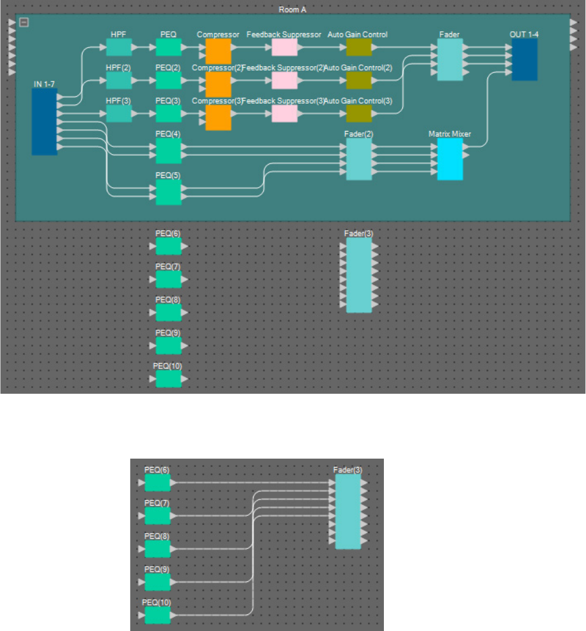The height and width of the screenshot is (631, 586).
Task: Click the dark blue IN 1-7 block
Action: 44,121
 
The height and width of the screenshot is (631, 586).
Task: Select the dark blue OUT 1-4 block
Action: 524,59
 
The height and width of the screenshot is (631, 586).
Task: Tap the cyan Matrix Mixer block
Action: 450,159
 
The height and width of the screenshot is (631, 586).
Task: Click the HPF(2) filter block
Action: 119,80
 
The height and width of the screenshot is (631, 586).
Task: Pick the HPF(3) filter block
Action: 119,113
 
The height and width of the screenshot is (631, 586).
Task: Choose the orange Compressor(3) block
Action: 218,117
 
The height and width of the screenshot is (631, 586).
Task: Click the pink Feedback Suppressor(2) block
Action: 285,80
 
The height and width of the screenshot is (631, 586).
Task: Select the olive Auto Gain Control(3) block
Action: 358,113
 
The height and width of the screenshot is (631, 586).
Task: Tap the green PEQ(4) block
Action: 168,151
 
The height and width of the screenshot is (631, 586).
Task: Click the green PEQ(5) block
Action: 168,191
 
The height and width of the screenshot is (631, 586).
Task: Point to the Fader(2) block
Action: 358,159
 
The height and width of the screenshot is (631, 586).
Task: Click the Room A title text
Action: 293,10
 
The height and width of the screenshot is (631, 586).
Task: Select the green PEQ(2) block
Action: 168,80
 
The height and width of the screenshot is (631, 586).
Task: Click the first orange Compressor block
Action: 218,51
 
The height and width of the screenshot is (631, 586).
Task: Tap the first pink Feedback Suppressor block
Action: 285,47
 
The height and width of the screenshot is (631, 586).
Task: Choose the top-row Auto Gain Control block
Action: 358,47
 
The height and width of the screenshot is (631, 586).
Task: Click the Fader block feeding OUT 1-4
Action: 450,59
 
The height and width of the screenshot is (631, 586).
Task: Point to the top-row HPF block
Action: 119,47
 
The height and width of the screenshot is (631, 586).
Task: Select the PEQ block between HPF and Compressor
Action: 168,47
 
